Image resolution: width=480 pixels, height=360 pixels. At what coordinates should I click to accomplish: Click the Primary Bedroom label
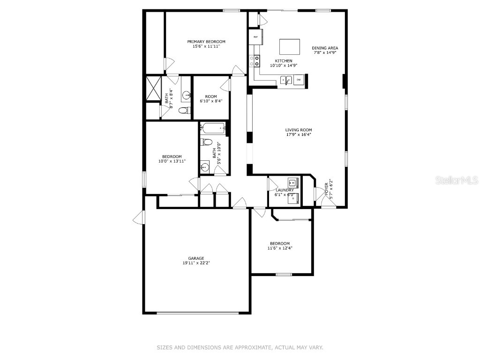coord(206,42)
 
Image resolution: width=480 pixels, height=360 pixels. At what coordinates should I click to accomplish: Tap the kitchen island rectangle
coord(289,47)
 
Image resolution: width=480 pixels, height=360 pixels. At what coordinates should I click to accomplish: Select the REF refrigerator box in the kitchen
coord(256,37)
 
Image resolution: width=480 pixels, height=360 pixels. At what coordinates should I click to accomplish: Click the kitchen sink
coord(285,81)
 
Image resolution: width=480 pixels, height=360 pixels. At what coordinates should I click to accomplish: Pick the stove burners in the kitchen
coord(255,60)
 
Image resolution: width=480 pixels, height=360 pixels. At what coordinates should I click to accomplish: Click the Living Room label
coord(299,130)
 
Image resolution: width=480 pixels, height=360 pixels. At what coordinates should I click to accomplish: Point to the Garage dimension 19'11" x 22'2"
coord(196,263)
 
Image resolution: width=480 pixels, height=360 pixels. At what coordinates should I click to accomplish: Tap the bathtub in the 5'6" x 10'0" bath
coord(213,128)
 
